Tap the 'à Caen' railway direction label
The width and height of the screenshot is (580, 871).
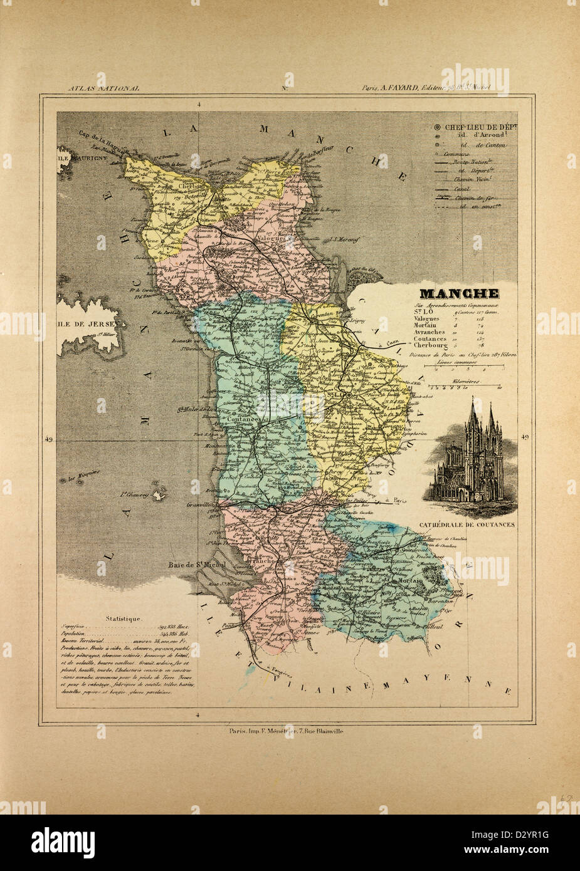[389, 345]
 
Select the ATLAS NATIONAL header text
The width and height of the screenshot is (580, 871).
[104, 88]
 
